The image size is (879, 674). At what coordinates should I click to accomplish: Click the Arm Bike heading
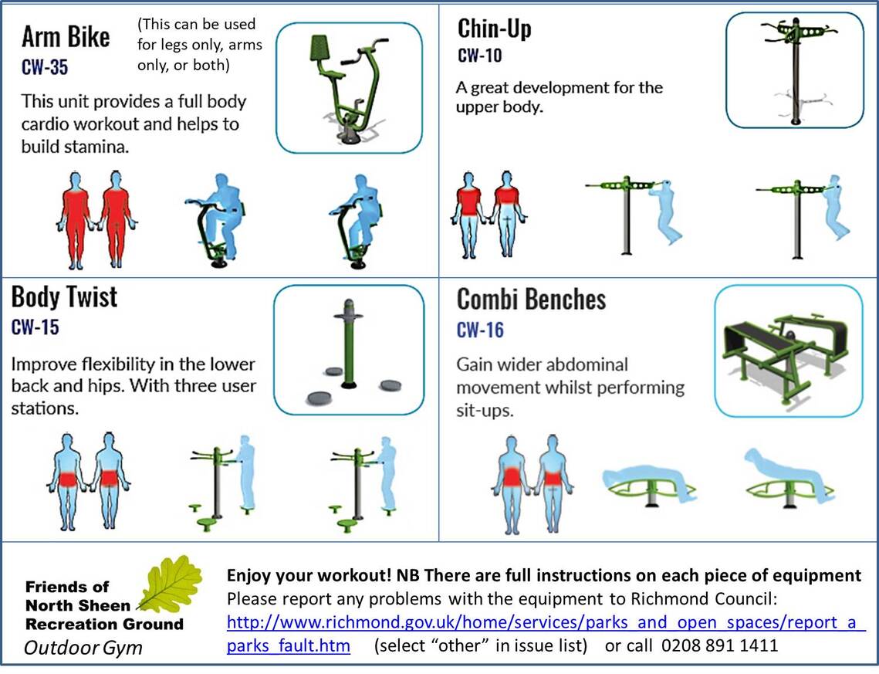click(x=66, y=36)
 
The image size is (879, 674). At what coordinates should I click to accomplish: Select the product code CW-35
click(x=44, y=68)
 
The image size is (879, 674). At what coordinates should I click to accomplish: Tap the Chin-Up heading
click(x=494, y=29)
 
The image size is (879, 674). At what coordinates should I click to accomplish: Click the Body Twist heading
click(x=64, y=296)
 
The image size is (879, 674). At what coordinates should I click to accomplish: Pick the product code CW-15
click(x=35, y=327)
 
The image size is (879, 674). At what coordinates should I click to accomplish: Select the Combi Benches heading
click(x=531, y=300)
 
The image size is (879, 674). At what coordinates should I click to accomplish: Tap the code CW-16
click(x=480, y=330)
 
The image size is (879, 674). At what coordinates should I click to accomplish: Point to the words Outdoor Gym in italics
click(x=83, y=647)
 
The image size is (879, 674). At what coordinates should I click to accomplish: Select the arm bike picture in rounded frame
click(x=349, y=87)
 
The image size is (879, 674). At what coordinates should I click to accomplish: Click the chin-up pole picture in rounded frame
click(x=794, y=69)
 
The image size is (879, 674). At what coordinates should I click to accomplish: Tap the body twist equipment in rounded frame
click(x=349, y=350)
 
